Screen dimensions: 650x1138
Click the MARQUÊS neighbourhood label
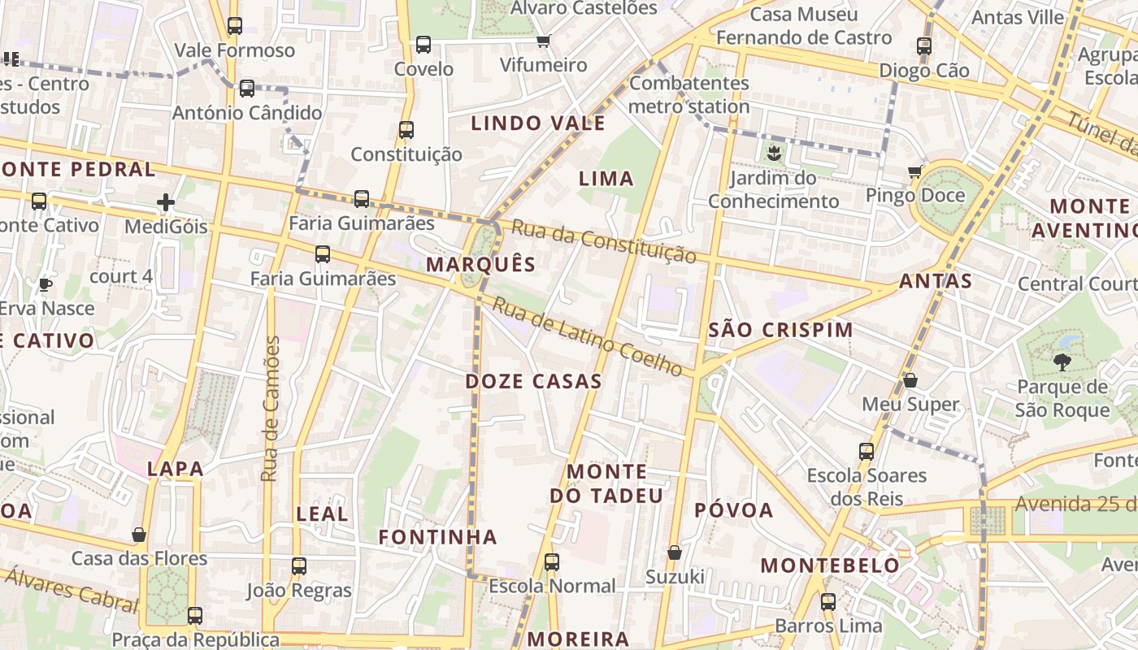(x=480, y=265)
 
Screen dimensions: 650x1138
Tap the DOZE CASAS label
(x=533, y=381)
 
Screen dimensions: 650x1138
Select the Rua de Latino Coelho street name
(x=588, y=338)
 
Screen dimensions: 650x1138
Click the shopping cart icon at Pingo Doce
(x=915, y=171)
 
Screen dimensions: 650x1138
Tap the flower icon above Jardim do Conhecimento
(x=773, y=152)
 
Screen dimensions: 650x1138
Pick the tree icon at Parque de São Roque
(x=1062, y=362)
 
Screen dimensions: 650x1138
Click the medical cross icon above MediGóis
(x=166, y=202)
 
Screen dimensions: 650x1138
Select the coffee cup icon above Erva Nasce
(x=46, y=284)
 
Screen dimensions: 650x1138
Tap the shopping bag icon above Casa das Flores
(x=140, y=535)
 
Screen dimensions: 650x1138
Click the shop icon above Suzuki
(x=674, y=552)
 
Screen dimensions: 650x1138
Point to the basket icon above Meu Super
(x=910, y=380)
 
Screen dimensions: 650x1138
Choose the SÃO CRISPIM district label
(x=780, y=330)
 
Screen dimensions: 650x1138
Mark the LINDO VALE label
(x=538, y=123)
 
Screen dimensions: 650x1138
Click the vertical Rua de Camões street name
(x=271, y=409)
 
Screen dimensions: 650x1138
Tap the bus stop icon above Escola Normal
(x=552, y=561)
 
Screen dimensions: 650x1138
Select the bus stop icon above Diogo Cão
(x=924, y=46)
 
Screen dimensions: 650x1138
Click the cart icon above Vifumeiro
(x=544, y=41)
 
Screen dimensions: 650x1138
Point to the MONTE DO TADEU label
(x=606, y=483)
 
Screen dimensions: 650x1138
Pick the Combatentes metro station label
(x=689, y=94)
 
